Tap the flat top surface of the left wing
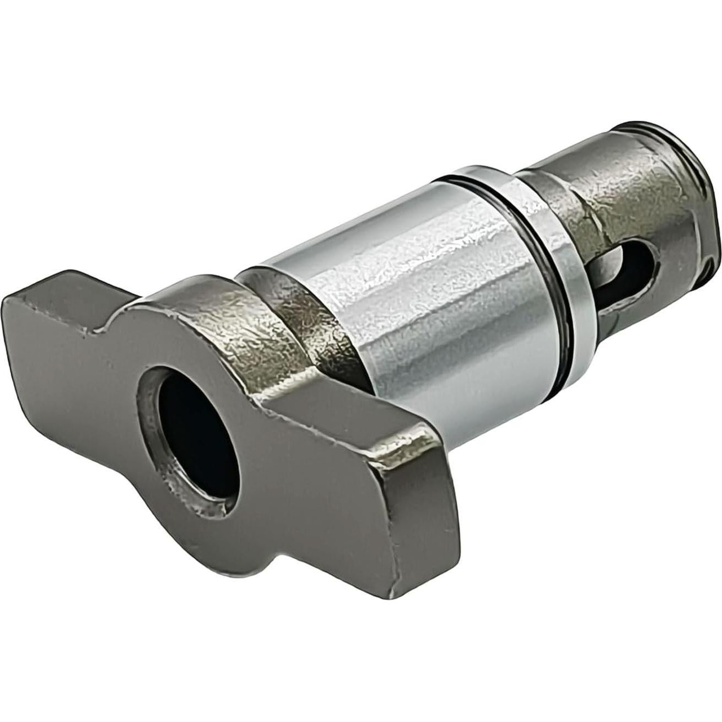tap(61, 287)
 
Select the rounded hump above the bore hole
tap(182, 320)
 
